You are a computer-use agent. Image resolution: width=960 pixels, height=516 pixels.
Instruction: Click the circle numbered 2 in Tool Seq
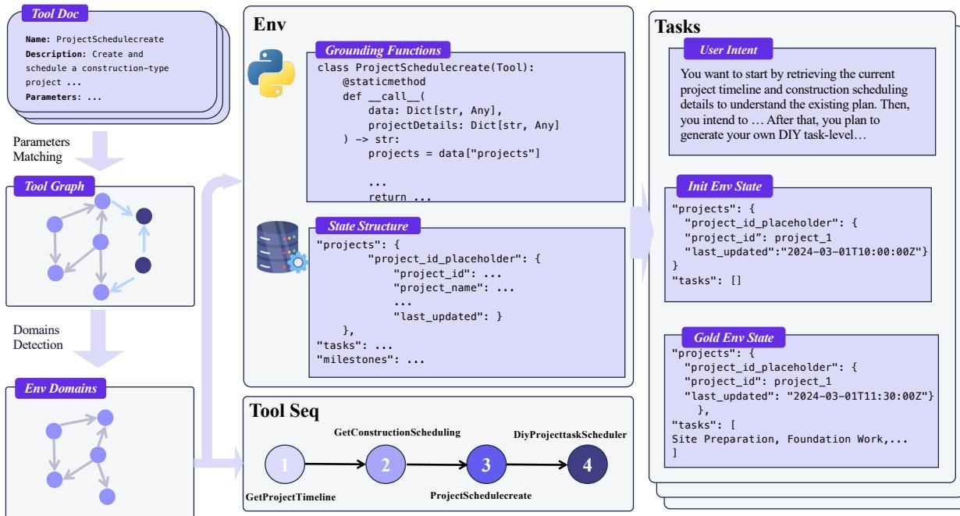point(385,465)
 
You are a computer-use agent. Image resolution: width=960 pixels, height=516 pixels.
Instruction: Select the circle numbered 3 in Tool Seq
point(485,465)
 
